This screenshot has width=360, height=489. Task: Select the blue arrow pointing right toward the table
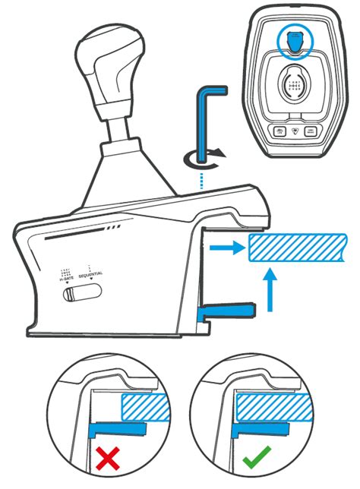226,247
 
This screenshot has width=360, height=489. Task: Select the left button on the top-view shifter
280,131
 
